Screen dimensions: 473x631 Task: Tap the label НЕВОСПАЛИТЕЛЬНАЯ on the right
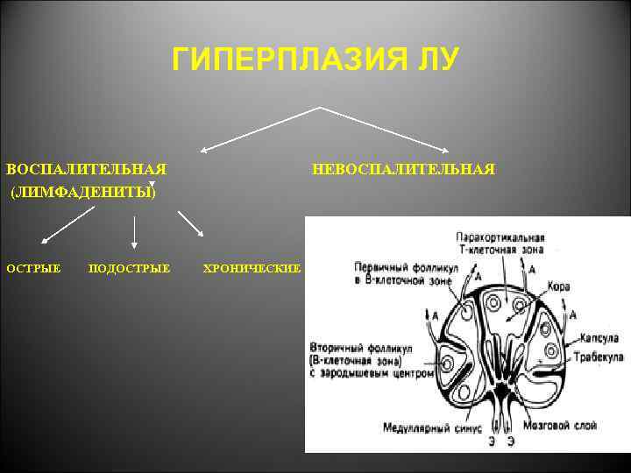[x=404, y=168]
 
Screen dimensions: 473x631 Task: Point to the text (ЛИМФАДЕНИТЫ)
[x=83, y=192]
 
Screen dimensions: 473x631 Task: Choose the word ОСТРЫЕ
[x=34, y=267]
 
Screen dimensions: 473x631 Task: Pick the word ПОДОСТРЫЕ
[x=130, y=267]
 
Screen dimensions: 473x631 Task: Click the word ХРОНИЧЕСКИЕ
[x=252, y=267]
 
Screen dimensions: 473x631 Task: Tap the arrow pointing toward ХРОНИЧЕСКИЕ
[x=191, y=223]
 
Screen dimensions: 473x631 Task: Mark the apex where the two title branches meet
[x=319, y=108]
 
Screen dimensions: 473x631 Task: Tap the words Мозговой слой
[x=560, y=426]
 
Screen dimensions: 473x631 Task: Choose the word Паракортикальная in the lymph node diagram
[x=500, y=236]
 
